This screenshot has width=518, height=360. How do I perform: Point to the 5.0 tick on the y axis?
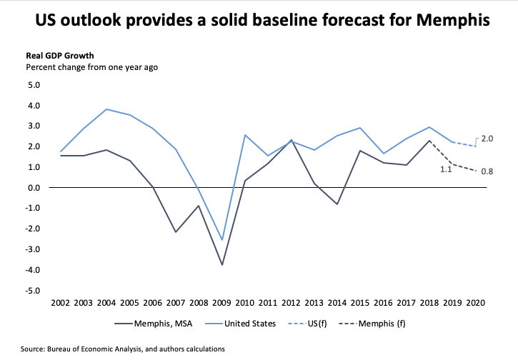34,85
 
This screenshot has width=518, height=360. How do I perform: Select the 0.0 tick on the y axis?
34,188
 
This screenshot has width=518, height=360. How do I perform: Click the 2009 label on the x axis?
221,303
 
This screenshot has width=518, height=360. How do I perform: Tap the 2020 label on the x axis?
474,303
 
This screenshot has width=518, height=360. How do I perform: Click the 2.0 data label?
487,138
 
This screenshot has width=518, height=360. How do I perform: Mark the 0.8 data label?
487,171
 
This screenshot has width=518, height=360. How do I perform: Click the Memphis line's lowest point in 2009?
222,265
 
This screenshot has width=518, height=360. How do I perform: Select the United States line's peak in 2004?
107,109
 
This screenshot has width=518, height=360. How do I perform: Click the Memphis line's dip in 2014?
337,204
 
